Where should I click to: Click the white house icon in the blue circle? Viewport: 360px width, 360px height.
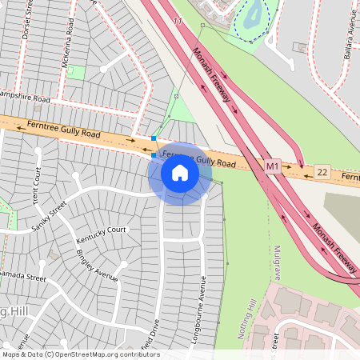180,172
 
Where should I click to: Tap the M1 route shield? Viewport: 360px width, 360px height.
273,167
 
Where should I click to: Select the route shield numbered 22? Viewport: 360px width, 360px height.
322,172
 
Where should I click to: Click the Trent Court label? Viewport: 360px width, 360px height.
37,184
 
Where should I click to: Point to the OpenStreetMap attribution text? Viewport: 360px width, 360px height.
80,354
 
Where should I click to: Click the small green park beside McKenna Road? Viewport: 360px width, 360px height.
77,72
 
